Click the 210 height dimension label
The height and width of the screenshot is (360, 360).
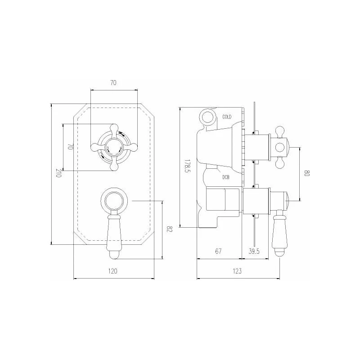click(58, 173)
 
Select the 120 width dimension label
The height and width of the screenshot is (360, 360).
click(113, 271)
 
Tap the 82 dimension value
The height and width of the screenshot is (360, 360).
click(170, 229)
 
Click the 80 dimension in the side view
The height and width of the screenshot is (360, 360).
click(307, 173)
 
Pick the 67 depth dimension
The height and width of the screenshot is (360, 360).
click(218, 252)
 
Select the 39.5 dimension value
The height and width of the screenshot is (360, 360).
click(255, 252)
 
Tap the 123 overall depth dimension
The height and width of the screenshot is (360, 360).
click(237, 271)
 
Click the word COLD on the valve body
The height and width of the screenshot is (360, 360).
click(227, 117)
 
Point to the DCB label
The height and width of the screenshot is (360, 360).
click(226, 177)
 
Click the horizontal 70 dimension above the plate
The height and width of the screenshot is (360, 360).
click(113, 82)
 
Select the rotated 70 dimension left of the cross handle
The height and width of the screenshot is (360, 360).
click(70, 147)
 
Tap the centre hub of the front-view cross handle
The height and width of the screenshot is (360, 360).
click(113, 146)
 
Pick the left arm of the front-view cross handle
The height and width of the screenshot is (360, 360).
click(95, 146)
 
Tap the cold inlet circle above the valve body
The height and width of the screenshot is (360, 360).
click(208, 117)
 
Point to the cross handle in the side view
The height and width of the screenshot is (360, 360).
click(280, 146)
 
